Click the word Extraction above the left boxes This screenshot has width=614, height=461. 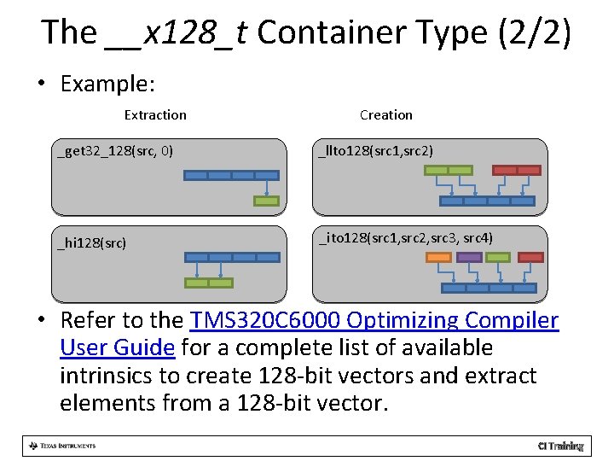click(x=155, y=115)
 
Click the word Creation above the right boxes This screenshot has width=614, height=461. click(x=385, y=115)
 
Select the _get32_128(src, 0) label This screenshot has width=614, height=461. click(x=115, y=152)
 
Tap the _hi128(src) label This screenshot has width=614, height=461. click(x=92, y=243)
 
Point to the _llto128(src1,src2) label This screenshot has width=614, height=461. click(x=376, y=152)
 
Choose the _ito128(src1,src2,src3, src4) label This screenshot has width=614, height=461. click(x=405, y=237)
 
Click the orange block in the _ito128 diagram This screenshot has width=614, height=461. click(x=438, y=257)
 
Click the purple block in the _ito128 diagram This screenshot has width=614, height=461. click(x=469, y=257)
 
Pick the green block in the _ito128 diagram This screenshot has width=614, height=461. click(x=498, y=257)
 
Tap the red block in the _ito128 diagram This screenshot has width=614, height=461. click(x=531, y=257)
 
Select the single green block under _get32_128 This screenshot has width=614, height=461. click(x=266, y=201)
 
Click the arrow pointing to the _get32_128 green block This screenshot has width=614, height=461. click(x=267, y=189)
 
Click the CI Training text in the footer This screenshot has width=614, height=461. click(x=560, y=446)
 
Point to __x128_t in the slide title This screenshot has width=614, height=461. click(x=176, y=33)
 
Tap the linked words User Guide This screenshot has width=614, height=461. click(x=118, y=348)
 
